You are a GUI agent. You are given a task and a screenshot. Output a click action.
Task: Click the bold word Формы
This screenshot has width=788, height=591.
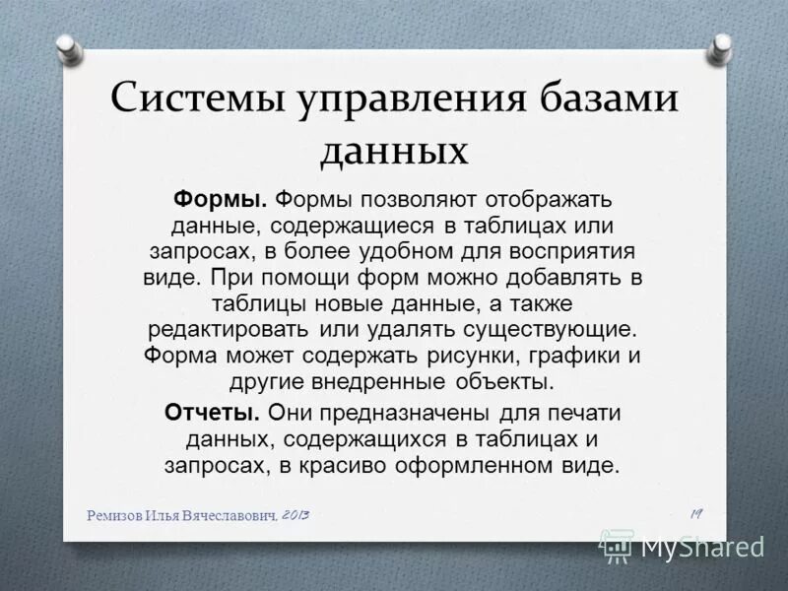[221, 200]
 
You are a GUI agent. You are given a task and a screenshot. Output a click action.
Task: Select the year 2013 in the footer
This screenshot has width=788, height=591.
[295, 515]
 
